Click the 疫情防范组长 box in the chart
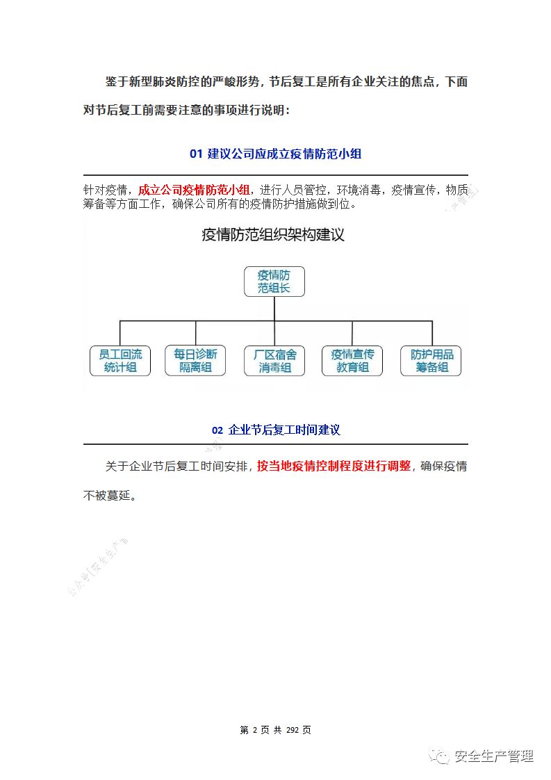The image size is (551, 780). pyautogui.click(x=274, y=281)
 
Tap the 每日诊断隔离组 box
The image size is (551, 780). pyautogui.click(x=195, y=361)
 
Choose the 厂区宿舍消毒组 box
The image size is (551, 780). pyautogui.click(x=274, y=361)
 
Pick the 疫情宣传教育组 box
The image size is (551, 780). pyautogui.click(x=352, y=361)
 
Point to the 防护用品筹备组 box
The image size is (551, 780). pyautogui.click(x=431, y=361)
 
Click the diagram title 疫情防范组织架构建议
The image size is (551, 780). pyautogui.click(x=273, y=235)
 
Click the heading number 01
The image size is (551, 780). pyautogui.click(x=195, y=154)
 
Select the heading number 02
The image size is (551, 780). pyautogui.click(x=217, y=430)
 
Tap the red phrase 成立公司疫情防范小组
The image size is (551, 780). pyautogui.click(x=194, y=190)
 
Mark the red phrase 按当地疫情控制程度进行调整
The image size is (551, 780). pyautogui.click(x=334, y=466)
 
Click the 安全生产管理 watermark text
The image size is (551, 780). pyautogui.click(x=493, y=756)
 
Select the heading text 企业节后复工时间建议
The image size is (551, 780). pyautogui.click(x=284, y=430)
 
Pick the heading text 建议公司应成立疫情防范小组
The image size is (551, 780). pyautogui.click(x=285, y=154)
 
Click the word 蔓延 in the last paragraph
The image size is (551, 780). pyautogui.click(x=120, y=496)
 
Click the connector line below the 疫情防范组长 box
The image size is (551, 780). pyautogui.click(x=274, y=309)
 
